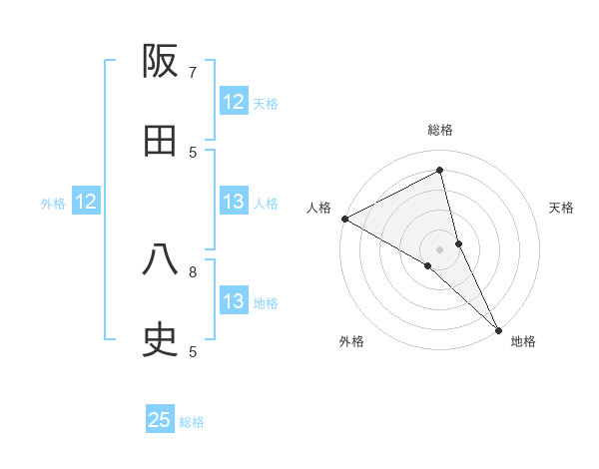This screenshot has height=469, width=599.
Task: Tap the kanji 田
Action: point(161,142)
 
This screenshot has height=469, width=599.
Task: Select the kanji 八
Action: point(161,261)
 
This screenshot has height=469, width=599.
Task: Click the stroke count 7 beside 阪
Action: point(193,72)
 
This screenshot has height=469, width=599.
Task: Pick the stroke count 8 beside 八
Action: point(193,270)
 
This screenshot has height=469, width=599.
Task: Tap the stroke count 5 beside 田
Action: point(193,152)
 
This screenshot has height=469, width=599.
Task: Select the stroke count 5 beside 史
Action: point(193,351)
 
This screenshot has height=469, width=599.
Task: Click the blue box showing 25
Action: point(160,420)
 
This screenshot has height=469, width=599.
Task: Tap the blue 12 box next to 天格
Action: point(234,102)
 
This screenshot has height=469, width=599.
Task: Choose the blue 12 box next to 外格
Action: point(86,202)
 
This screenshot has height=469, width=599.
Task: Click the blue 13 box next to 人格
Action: point(234,202)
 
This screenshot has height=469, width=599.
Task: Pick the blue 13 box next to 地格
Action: point(234,301)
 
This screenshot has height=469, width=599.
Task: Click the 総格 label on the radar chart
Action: point(440,130)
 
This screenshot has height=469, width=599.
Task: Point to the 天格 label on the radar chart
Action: point(562,208)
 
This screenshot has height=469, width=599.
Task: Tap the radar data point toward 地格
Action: point(499,329)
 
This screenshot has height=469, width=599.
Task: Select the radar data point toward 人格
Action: point(344,219)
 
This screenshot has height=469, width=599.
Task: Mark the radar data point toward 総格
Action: point(440,171)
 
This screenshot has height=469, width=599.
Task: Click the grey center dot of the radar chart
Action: point(440,248)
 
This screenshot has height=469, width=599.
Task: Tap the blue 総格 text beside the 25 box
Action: point(192,422)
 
